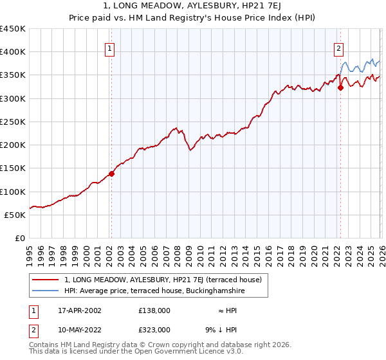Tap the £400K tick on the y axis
pos(13,52)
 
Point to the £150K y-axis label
pos(13,168)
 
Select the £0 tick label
pos(20,239)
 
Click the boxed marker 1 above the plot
pos(110,48)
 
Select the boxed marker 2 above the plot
pos(338,48)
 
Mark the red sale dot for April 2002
pos(111,174)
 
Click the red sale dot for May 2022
pos(340,88)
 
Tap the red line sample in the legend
pos(45,280)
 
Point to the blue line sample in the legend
pos(45,291)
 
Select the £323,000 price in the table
pos(154,330)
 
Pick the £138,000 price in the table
pos(154,310)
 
